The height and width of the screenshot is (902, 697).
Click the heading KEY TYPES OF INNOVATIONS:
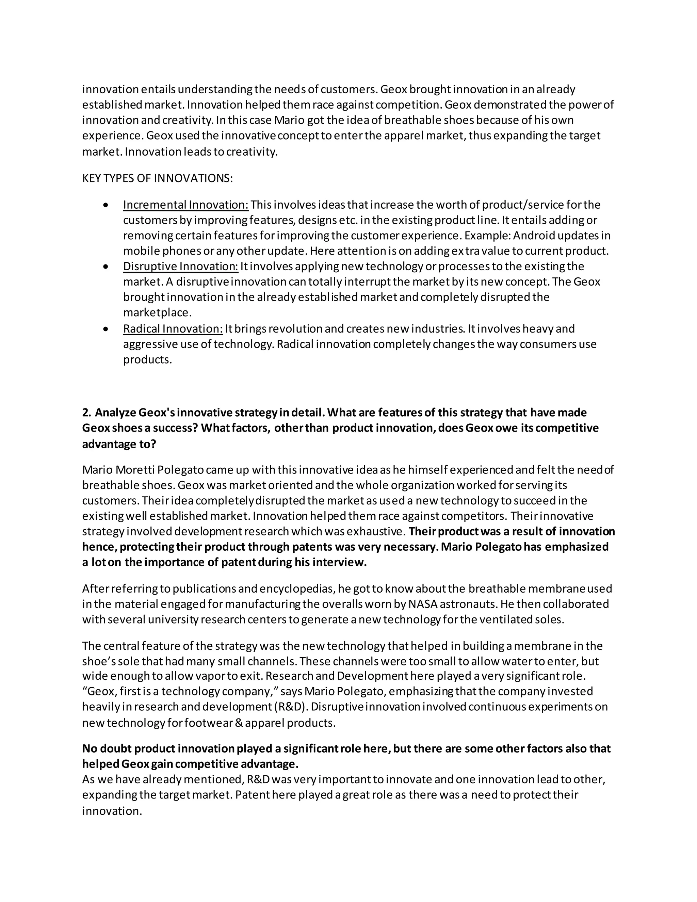pyautogui.click(x=157, y=178)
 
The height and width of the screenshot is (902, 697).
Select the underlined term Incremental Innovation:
pyautogui.click(x=186, y=205)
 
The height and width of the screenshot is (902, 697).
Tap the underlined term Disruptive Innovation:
pyautogui.click(x=180, y=267)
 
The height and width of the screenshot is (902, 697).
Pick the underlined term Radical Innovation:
pyautogui.click(x=173, y=329)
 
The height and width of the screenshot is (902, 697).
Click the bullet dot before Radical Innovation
pyautogui.click(x=107, y=329)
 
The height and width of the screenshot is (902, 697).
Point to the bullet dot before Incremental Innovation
pyautogui.click(x=107, y=205)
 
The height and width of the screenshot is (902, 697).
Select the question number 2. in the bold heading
pyautogui.click(x=86, y=413)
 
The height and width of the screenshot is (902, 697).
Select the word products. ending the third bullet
pyautogui.click(x=147, y=360)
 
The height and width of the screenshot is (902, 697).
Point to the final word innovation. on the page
pyautogui.click(x=112, y=811)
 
